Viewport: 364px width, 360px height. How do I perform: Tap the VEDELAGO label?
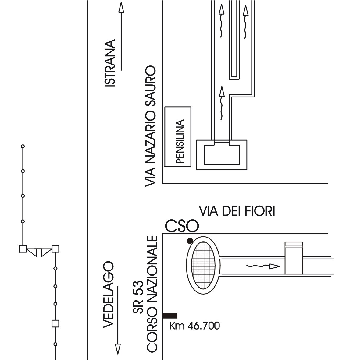pyautogui.click(x=109, y=294)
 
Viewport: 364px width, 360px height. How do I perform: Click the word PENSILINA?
pyautogui.click(x=180, y=142)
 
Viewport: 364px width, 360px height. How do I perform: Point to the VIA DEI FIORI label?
pyautogui.click(x=237, y=211)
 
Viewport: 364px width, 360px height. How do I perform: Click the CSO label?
pyautogui.click(x=182, y=226)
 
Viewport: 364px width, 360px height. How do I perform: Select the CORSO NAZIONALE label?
pyautogui.click(x=152, y=294)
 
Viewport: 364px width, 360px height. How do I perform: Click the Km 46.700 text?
pyautogui.click(x=194, y=326)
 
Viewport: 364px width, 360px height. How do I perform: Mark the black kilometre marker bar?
pyautogui.click(x=170, y=316)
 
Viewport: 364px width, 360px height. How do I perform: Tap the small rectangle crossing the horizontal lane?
pyautogui.click(x=294, y=258)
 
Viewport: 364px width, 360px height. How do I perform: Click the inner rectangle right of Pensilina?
pyautogui.click(x=222, y=155)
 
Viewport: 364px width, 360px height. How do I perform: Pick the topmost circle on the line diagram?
pyautogui.click(x=22, y=146)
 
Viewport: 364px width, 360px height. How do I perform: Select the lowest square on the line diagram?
pyautogui.click(x=55, y=323)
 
